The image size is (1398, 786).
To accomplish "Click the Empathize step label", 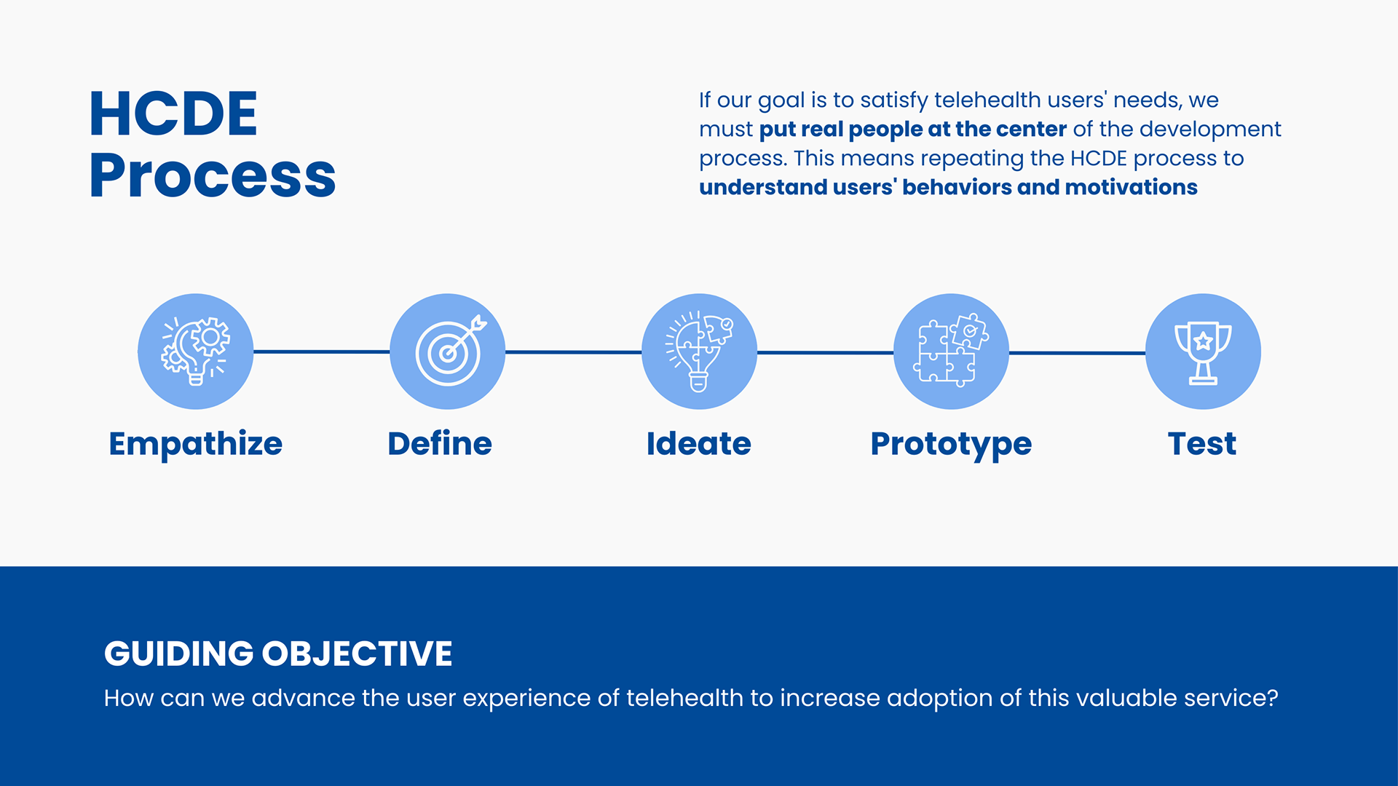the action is coord(195,444).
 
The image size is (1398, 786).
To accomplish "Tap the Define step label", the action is coord(440,443).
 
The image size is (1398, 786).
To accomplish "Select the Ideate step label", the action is coord(699,443).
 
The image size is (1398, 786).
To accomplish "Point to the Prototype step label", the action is coord(951,444).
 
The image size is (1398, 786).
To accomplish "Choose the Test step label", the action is coord(1202,443).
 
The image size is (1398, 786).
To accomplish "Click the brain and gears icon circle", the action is coord(195,352).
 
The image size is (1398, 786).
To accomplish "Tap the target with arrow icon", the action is coord(447,352).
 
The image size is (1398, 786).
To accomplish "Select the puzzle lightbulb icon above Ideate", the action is coord(699,352).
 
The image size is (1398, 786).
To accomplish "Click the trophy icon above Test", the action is coord(1203,352).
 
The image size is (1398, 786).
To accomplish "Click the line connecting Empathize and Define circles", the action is coord(321,352).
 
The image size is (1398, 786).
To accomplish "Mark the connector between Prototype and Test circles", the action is coord(1077,353).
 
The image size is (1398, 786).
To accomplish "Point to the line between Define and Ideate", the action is coord(573,352).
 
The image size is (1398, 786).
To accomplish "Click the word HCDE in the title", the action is coord(173,114).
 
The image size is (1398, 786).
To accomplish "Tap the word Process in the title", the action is coord(213,175).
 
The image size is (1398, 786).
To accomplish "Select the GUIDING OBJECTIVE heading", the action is coord(278,654).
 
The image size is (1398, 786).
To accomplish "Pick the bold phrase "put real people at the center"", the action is coord(913,130).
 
